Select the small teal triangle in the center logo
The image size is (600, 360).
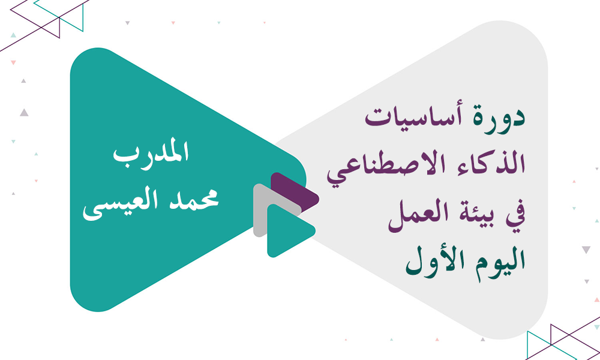click(285, 230)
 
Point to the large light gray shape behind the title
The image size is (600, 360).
click(480, 66)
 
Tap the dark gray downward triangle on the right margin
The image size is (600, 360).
click(586, 250)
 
